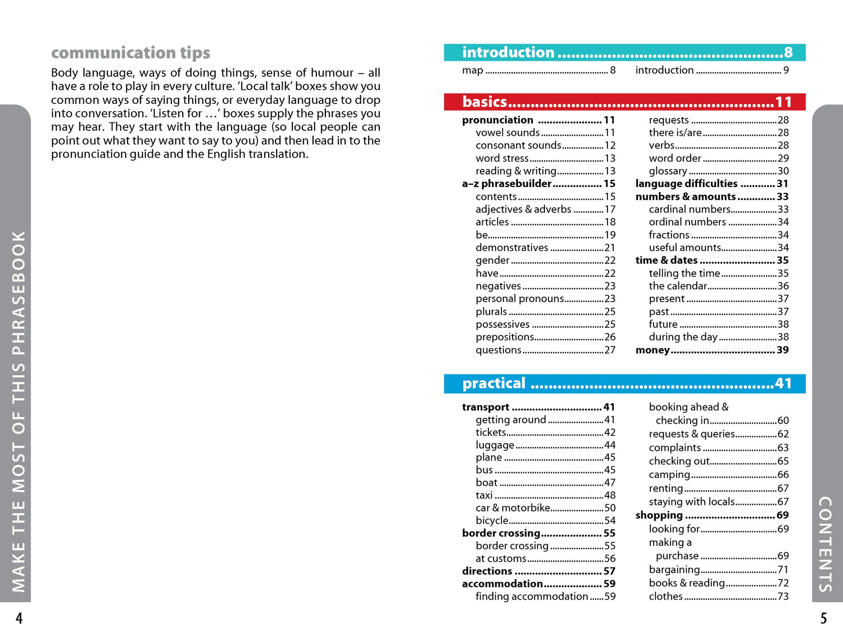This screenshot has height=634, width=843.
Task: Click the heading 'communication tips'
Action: tap(130, 53)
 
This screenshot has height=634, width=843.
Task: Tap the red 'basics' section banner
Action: tap(624, 102)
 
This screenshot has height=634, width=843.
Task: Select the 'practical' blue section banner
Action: tap(624, 384)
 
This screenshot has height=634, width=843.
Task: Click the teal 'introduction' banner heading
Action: tap(624, 52)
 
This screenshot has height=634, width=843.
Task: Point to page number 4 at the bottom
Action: tap(19, 619)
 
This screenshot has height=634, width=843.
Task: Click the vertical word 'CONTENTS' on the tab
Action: tap(825, 544)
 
